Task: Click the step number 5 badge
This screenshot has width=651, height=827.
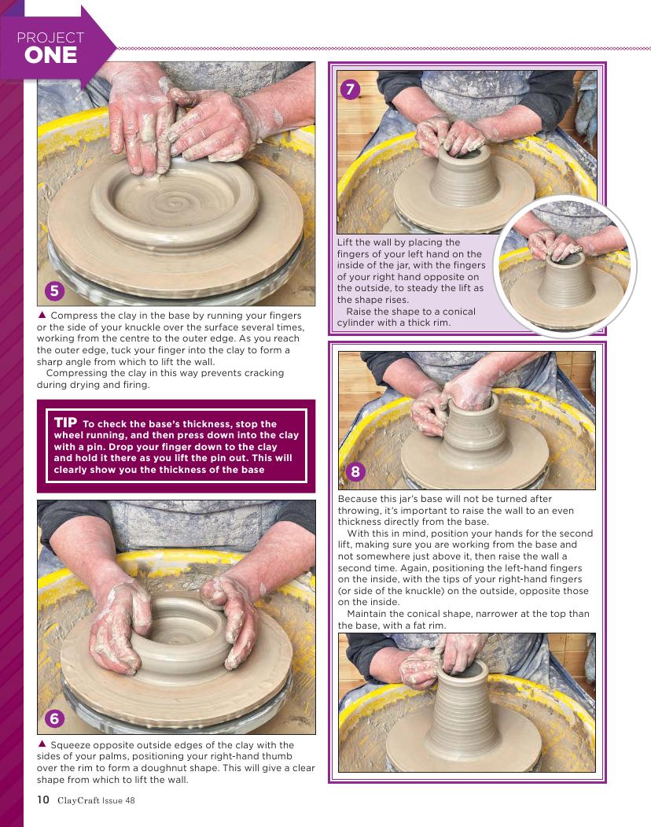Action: pos(53,290)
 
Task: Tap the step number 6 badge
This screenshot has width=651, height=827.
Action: pos(53,718)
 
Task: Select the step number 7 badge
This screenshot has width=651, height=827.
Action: pos(350,89)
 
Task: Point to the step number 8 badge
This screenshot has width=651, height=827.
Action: pos(355,471)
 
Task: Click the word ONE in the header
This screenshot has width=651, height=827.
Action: pos(50,55)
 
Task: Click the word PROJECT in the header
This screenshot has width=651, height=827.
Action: pos(50,38)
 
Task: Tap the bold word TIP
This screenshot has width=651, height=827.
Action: pos(65,423)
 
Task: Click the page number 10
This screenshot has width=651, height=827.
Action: pos(42,799)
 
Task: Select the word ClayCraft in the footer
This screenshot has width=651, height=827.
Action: pos(79,800)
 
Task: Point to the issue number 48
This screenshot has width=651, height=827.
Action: pos(130,800)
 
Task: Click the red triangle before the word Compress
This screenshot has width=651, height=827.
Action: pos(42,315)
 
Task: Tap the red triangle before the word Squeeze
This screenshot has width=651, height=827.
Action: pos(42,744)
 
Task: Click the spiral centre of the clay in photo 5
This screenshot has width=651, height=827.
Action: pos(172,203)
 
